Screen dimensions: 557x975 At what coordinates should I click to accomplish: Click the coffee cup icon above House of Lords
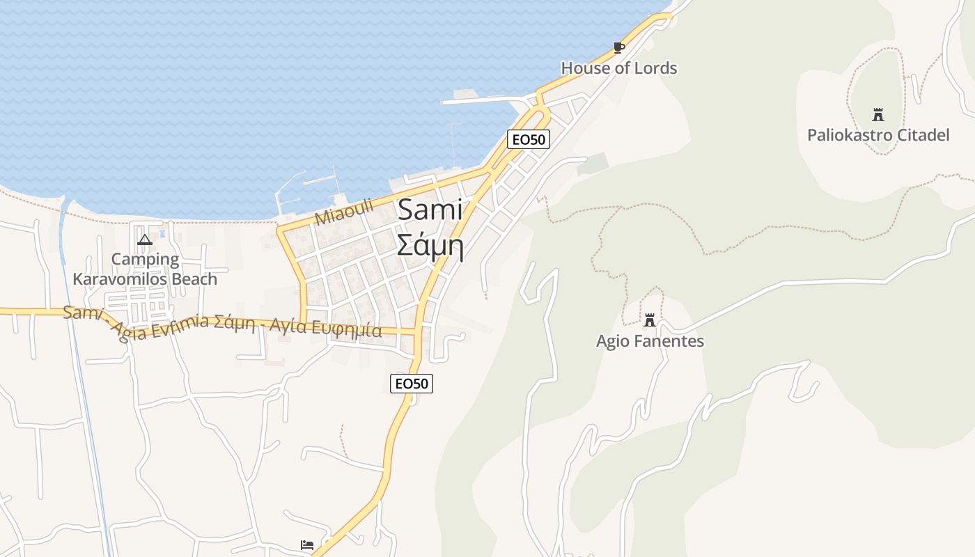(x=618, y=47)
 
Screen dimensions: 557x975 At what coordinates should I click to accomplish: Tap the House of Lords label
(x=618, y=68)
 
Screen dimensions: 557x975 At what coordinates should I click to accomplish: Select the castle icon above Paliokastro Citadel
(x=877, y=115)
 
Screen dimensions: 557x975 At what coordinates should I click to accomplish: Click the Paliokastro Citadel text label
(x=877, y=135)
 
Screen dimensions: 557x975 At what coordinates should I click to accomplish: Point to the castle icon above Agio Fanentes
(x=650, y=320)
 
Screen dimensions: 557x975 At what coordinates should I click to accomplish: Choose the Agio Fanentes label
(x=650, y=341)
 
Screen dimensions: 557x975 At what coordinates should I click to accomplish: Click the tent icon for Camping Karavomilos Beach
(x=145, y=240)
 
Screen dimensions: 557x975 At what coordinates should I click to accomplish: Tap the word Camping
(x=145, y=260)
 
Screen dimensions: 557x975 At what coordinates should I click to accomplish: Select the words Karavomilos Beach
(x=145, y=279)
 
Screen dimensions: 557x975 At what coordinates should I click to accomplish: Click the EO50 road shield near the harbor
(x=529, y=139)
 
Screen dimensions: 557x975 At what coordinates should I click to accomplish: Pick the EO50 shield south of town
(x=412, y=384)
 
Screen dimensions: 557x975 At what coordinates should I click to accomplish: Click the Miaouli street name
(x=344, y=212)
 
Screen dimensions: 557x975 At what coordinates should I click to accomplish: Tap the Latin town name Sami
(x=430, y=210)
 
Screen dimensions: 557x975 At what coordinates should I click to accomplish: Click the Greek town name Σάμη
(x=430, y=244)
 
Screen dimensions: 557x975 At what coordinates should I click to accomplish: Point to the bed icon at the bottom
(x=307, y=544)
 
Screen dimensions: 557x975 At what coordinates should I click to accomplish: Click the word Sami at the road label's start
(x=82, y=313)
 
